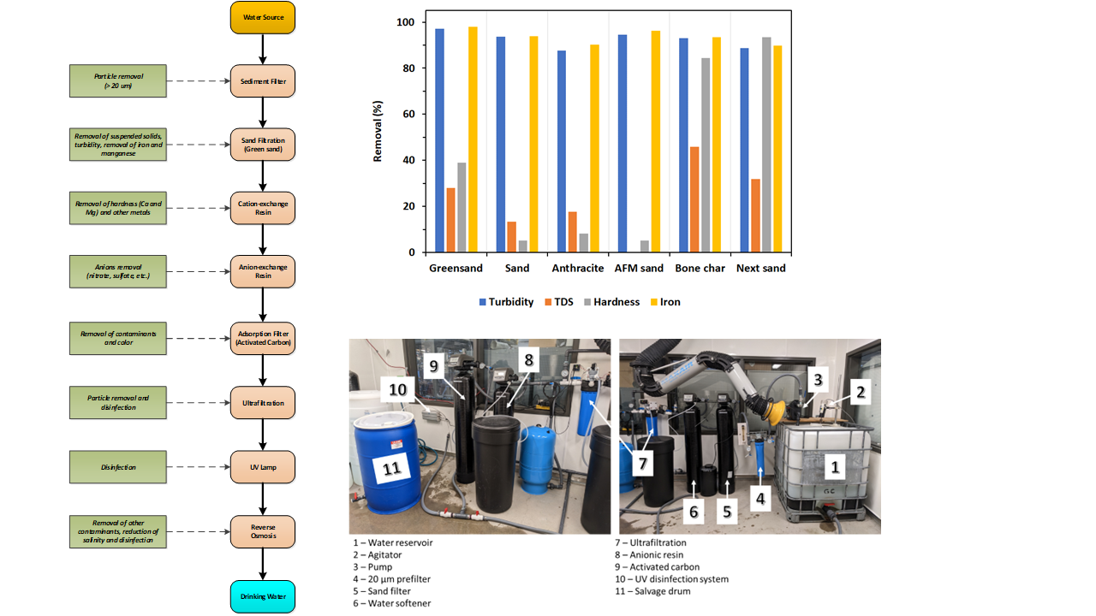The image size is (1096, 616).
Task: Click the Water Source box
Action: [x=262, y=18]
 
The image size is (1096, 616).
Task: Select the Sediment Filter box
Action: [x=262, y=81]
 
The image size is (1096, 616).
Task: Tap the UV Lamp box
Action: [x=262, y=467]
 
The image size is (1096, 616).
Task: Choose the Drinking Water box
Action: [x=262, y=596]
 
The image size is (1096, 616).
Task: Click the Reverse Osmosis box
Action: [x=262, y=531]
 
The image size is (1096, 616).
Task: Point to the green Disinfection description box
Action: [x=118, y=467]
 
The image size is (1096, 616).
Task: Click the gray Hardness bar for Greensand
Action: [x=462, y=207]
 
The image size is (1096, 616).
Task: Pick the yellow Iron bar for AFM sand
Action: [x=656, y=141]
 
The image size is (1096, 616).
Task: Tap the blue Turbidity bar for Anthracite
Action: [x=562, y=151]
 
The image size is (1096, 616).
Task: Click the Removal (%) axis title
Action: [x=378, y=132]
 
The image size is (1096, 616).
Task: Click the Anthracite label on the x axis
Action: [x=579, y=268]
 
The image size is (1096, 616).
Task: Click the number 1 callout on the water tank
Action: [x=836, y=466]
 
